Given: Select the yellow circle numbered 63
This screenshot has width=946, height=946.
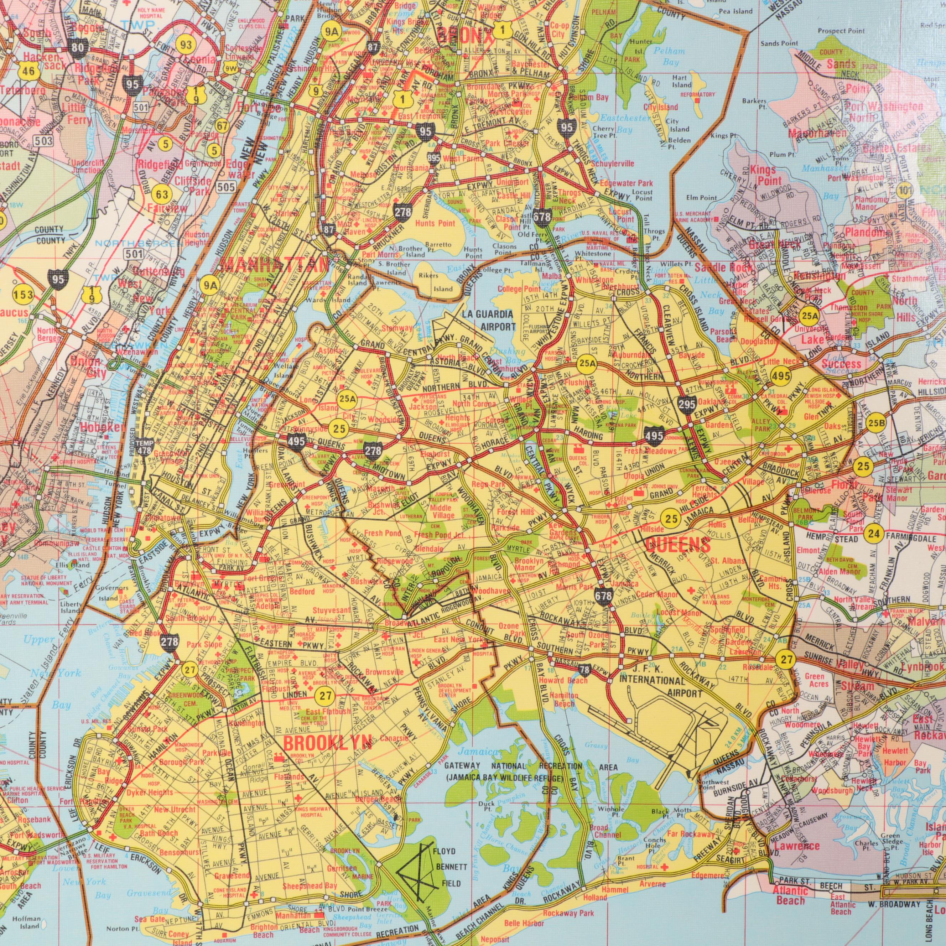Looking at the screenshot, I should pos(162,194).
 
